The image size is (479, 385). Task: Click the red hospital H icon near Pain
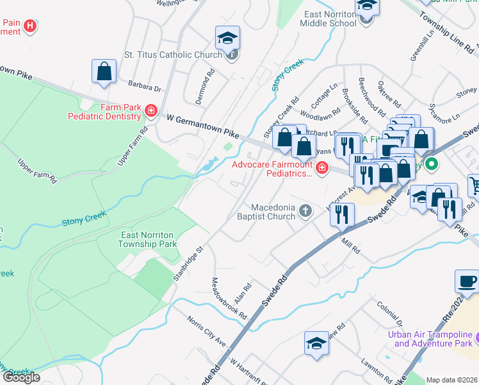click(29, 26)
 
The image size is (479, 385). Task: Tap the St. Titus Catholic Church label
click(173, 55)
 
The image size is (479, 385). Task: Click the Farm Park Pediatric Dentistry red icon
click(150, 112)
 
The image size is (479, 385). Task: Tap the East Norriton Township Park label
click(149, 239)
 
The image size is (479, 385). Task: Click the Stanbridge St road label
click(188, 264)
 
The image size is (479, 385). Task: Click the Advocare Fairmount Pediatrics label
click(272, 169)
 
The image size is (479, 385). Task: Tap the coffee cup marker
click(466, 282)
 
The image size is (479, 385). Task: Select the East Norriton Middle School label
click(330, 19)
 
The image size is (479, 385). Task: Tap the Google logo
click(20, 377)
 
